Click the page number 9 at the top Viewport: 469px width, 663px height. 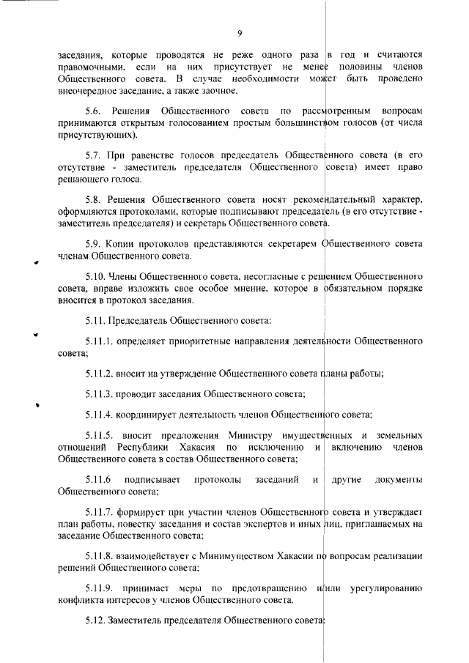pos(240,33)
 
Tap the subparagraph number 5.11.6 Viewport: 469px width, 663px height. pos(100,480)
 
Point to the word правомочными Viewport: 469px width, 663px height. pos(86,67)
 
